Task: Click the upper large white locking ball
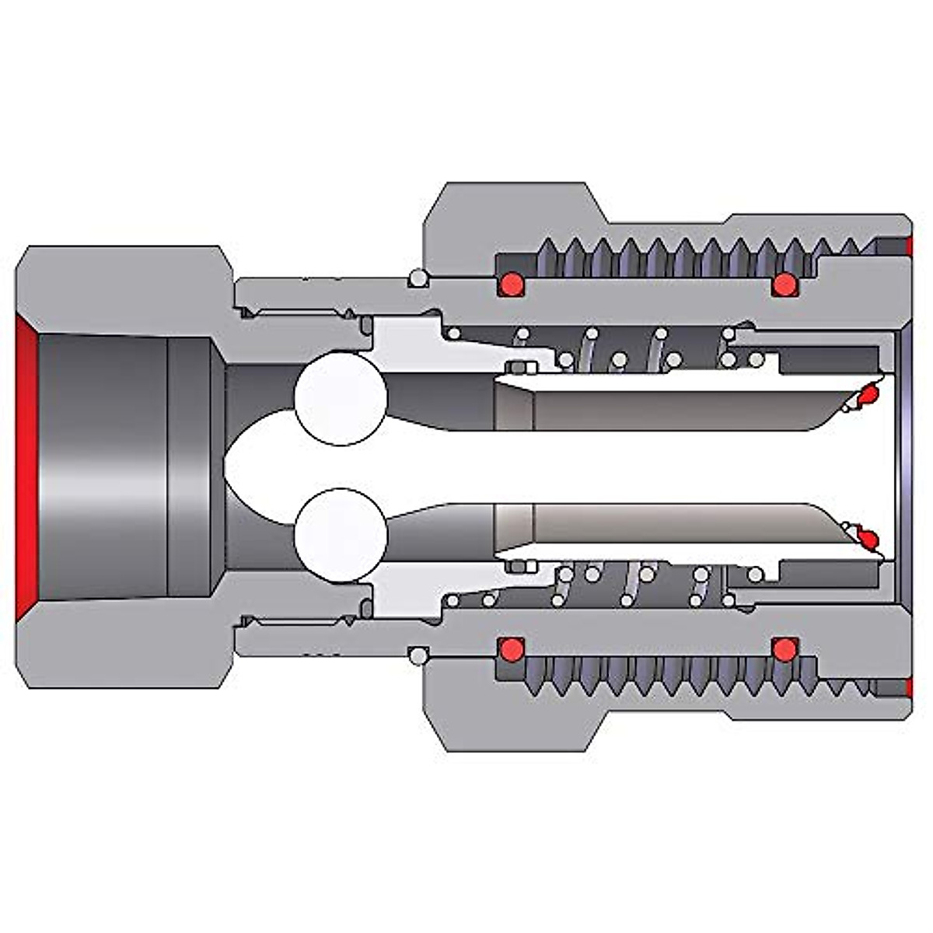341,398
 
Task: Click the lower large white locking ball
341,535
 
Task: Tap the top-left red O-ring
511,285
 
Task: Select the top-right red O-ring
784,285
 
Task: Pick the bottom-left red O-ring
511,648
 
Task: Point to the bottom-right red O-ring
784,648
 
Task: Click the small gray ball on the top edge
418,278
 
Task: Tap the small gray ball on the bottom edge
418,656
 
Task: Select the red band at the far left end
26,466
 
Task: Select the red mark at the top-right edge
909,246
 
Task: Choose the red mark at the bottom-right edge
909,687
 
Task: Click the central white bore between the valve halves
661,466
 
